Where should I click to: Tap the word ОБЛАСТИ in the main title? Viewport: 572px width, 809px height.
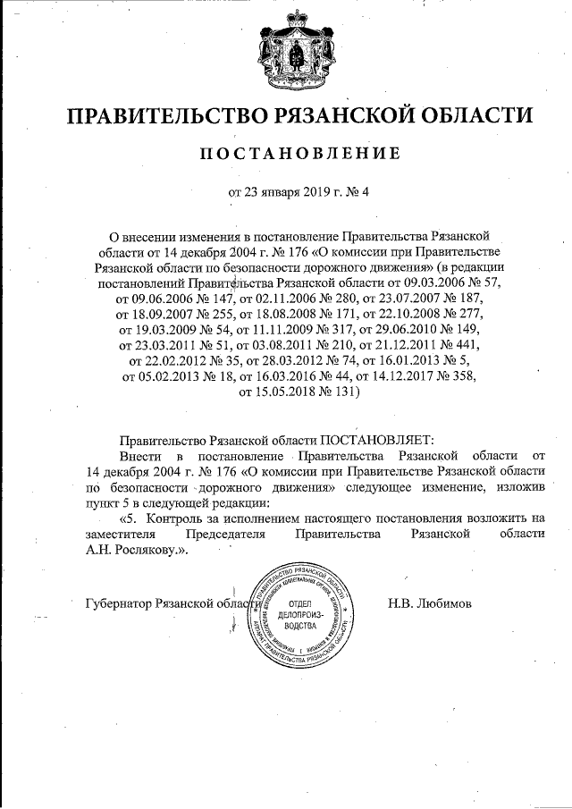point(467,116)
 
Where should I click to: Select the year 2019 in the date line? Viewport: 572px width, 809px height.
point(304,190)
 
